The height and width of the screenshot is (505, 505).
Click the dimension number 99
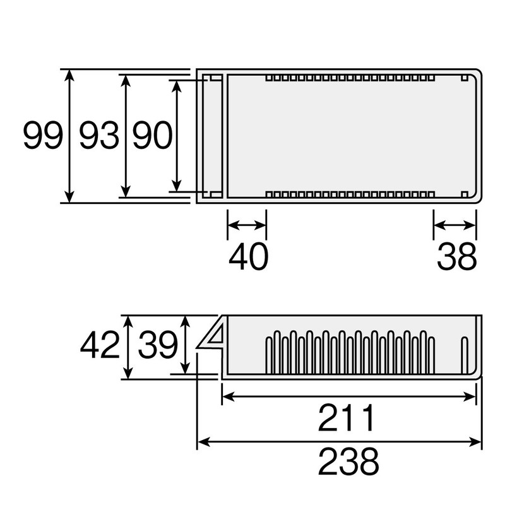point(43,135)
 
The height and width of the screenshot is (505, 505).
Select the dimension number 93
point(99,135)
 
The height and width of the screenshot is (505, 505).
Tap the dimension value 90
point(153,135)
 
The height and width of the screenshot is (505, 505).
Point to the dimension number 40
point(248,257)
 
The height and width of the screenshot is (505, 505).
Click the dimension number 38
point(456,257)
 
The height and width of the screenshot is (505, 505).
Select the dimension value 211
point(347,418)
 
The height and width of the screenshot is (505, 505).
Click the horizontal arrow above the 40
point(247,225)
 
